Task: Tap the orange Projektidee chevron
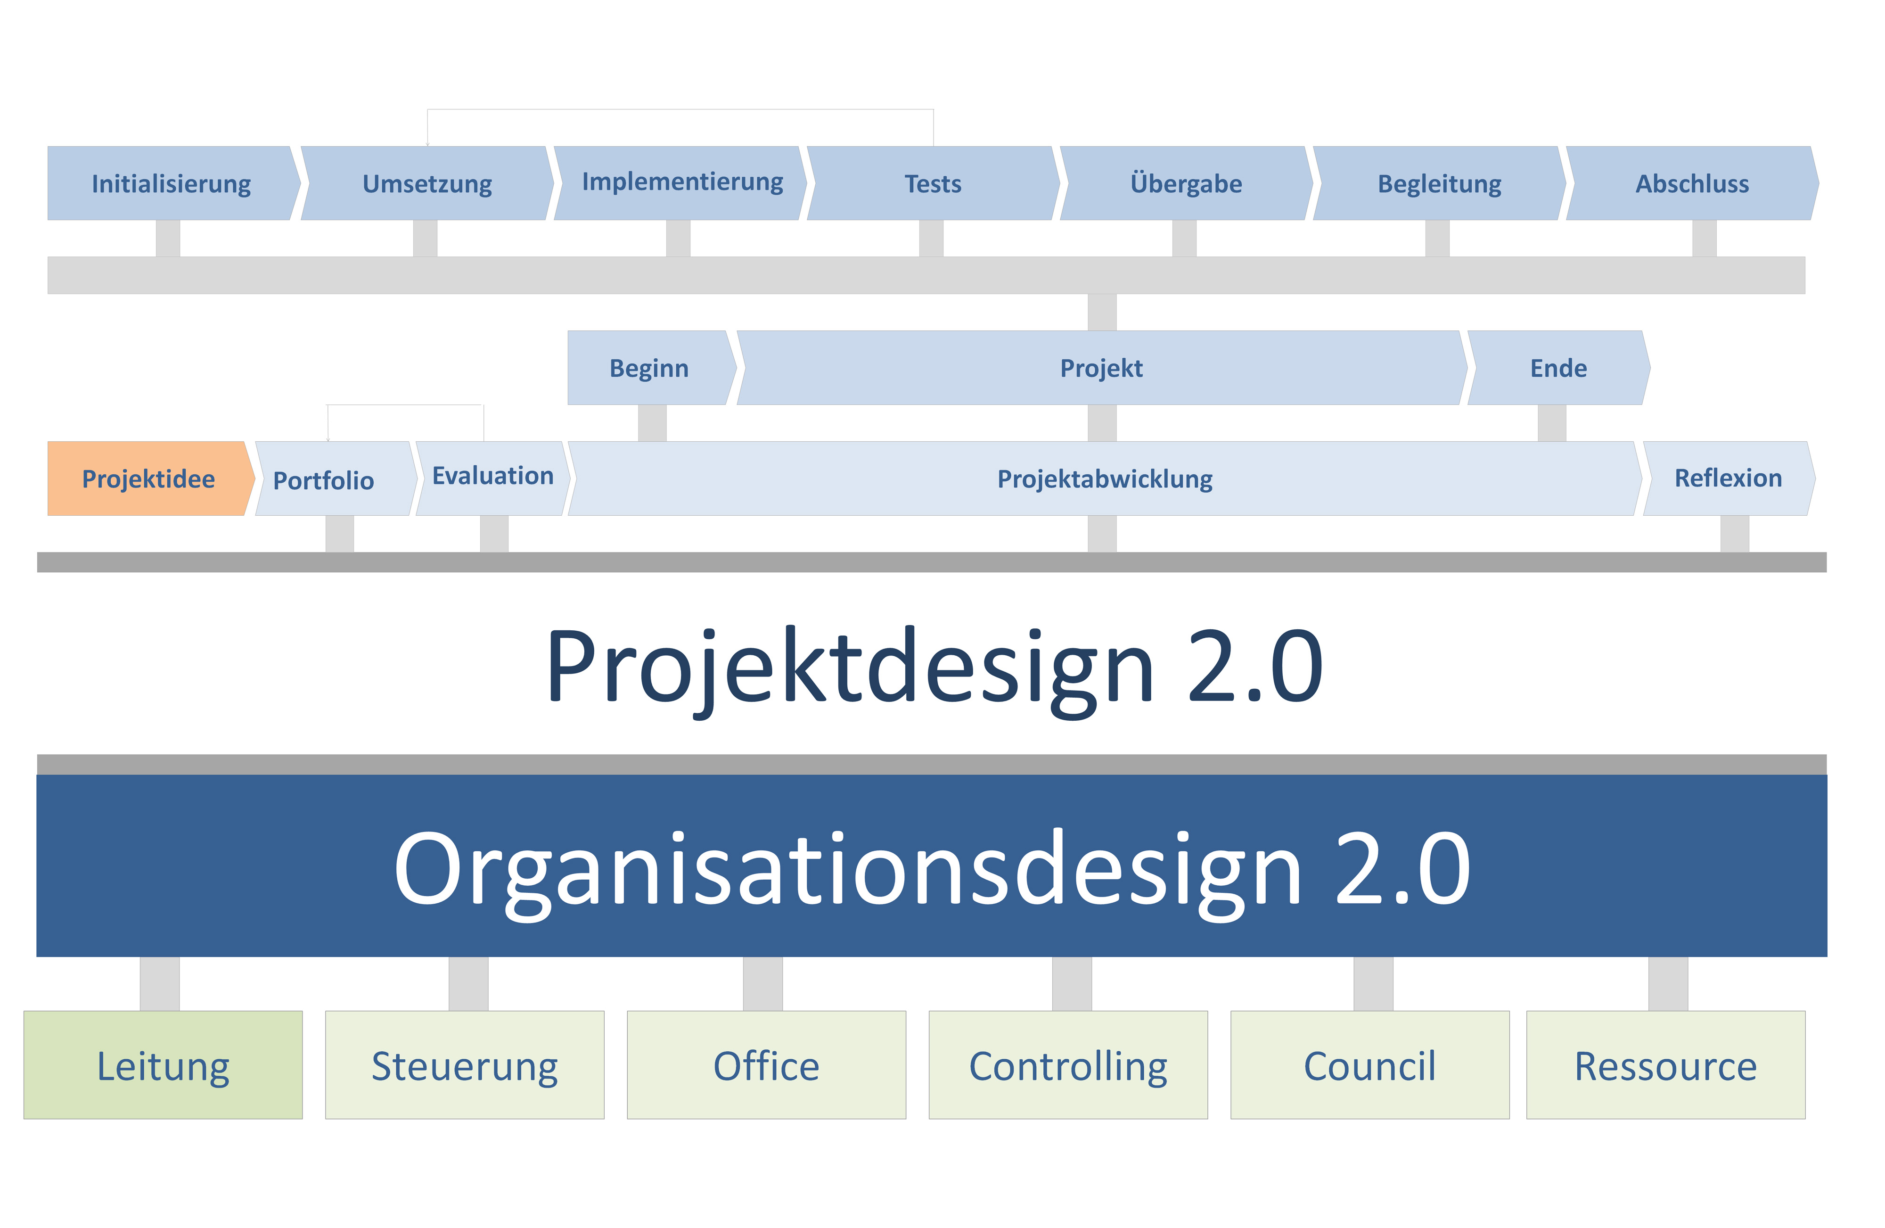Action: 150,478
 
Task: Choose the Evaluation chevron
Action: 492,478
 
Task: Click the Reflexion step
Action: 1730,478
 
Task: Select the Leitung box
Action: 163,1065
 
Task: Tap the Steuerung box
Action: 465,1065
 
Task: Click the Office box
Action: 767,1065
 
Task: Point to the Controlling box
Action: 1068,1065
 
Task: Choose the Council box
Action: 1370,1065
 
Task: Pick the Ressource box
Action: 1666,1065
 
